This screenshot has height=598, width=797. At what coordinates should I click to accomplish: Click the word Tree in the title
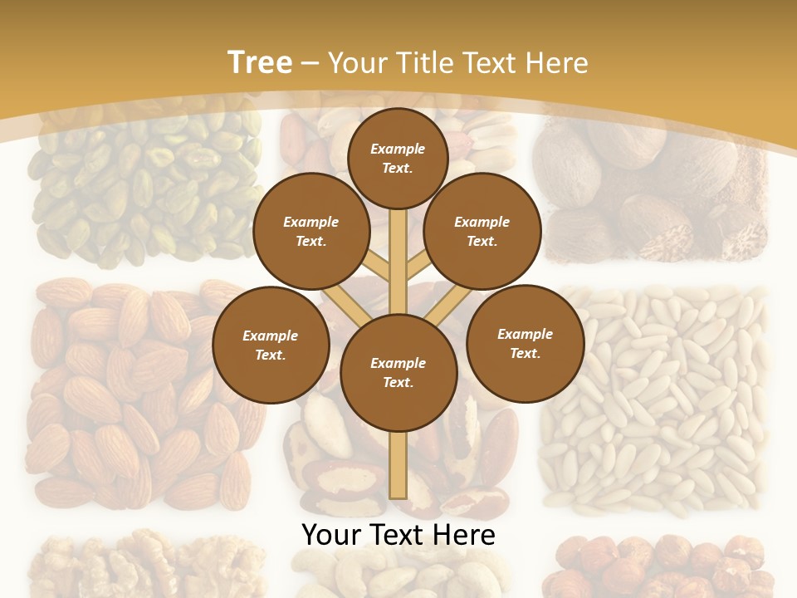point(260,63)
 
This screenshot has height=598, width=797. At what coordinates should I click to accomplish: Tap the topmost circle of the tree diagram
point(398,158)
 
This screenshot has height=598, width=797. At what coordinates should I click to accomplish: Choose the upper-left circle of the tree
point(310,232)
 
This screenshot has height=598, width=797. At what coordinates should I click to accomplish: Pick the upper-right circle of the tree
point(482,232)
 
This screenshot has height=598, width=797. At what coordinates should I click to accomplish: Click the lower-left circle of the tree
point(271,345)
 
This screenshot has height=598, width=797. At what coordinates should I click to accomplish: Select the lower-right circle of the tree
point(525,343)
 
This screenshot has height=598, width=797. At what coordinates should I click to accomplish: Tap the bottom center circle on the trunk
point(398,373)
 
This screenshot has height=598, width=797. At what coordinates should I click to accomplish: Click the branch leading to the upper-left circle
point(377,267)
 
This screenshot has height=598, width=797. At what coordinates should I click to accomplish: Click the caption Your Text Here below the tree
point(398,535)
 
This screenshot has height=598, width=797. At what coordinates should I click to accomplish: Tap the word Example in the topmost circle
point(398,149)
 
